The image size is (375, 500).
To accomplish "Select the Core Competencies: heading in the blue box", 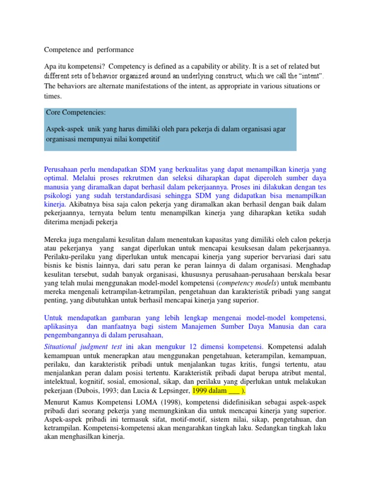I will [76, 112].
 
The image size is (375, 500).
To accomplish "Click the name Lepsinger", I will [172, 391].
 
